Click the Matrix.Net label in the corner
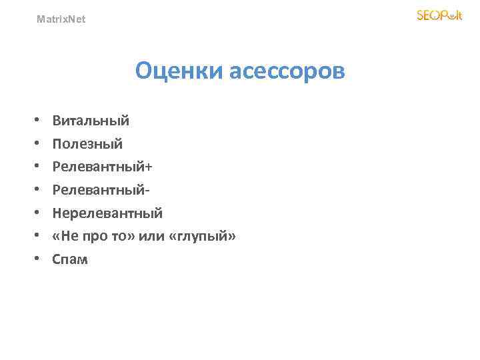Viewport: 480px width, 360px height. [61, 19]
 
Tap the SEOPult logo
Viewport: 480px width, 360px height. [439, 15]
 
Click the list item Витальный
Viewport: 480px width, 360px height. [91, 121]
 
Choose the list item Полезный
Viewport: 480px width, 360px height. [87, 143]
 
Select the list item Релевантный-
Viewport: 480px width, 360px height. [101, 190]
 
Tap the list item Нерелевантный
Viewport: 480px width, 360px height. [107, 213]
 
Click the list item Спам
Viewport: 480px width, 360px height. [70, 259]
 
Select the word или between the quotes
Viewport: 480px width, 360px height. [150, 236]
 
